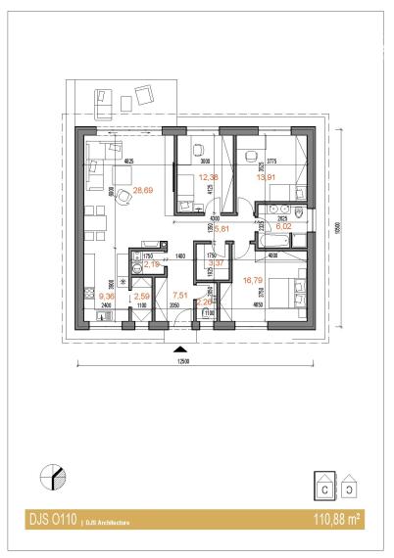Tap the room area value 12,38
207,177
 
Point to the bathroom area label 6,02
283,225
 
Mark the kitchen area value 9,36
108,294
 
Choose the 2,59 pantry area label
142,296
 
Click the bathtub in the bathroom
273,240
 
